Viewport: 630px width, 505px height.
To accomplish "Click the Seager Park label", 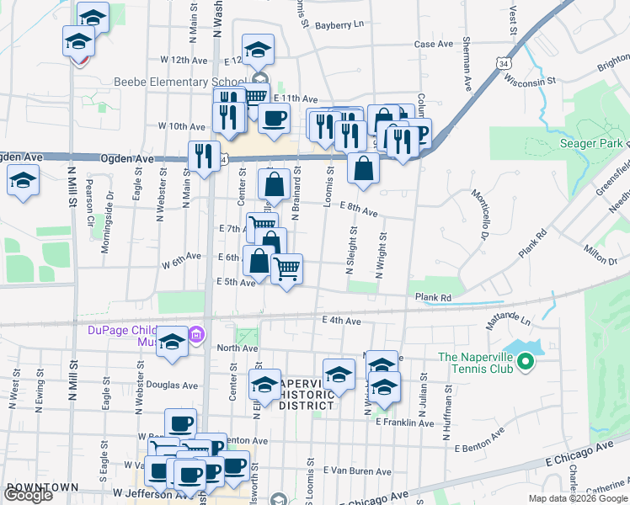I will [x=592, y=143].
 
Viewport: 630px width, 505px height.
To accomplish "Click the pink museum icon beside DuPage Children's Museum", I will [x=197, y=336].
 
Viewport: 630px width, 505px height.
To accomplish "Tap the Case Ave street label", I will [x=435, y=44].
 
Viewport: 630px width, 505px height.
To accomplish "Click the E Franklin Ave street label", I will [x=407, y=422].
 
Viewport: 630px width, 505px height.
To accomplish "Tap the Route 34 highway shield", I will [x=503, y=63].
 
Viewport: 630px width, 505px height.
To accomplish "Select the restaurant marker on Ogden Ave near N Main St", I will [x=203, y=155].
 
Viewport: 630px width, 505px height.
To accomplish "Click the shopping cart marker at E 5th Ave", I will [x=287, y=268].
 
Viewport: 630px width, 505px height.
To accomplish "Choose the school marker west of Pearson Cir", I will [x=24, y=179].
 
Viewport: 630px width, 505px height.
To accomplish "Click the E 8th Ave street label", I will [x=358, y=209].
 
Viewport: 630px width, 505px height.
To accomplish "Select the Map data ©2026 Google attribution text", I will [x=577, y=498].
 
